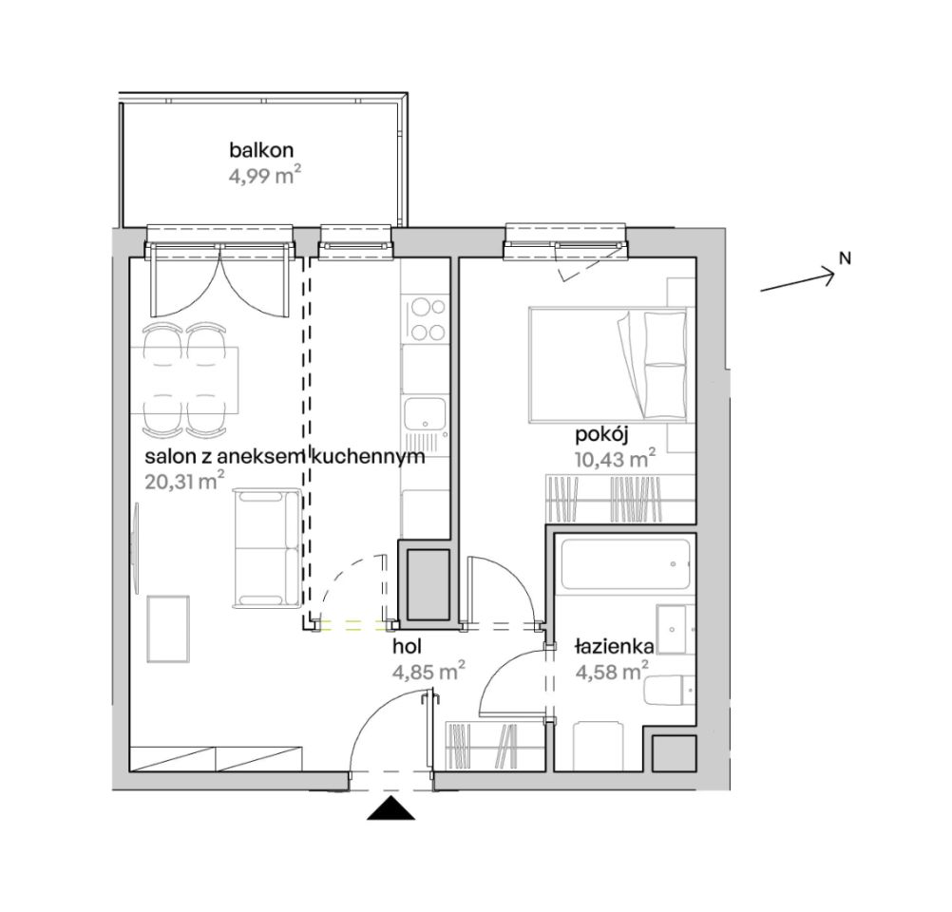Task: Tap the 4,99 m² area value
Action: coord(265,177)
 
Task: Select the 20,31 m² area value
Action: coord(184,482)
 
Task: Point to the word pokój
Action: coord(601,435)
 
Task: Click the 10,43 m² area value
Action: coord(615,459)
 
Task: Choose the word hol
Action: coord(408,647)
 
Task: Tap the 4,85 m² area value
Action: coord(429,673)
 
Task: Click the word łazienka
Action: coord(614,647)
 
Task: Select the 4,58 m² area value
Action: coord(612,673)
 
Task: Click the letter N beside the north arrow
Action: coord(845,258)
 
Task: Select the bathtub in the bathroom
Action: coord(626,563)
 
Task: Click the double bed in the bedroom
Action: coord(609,364)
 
